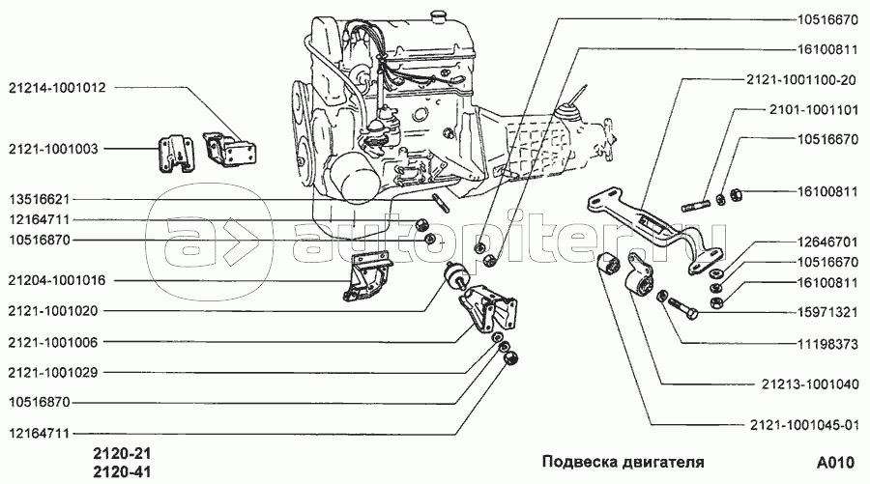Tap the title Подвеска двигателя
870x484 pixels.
tap(622, 461)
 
